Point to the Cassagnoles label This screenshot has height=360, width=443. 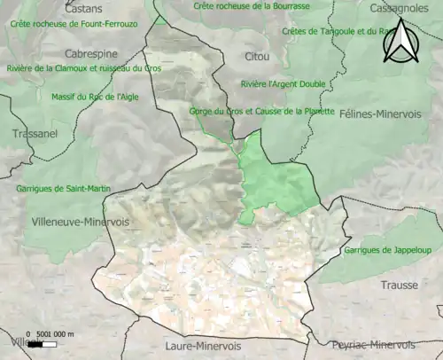[x=399, y=7]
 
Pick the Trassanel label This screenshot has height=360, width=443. [x=35, y=134]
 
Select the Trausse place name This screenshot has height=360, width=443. [x=398, y=286]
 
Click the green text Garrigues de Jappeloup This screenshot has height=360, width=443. [x=387, y=250]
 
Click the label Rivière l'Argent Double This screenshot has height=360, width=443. [x=283, y=84]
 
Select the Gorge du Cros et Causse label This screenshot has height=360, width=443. [x=261, y=112]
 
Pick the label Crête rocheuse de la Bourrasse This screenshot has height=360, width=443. [x=252, y=6]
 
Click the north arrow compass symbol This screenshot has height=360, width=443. [x=402, y=42]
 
